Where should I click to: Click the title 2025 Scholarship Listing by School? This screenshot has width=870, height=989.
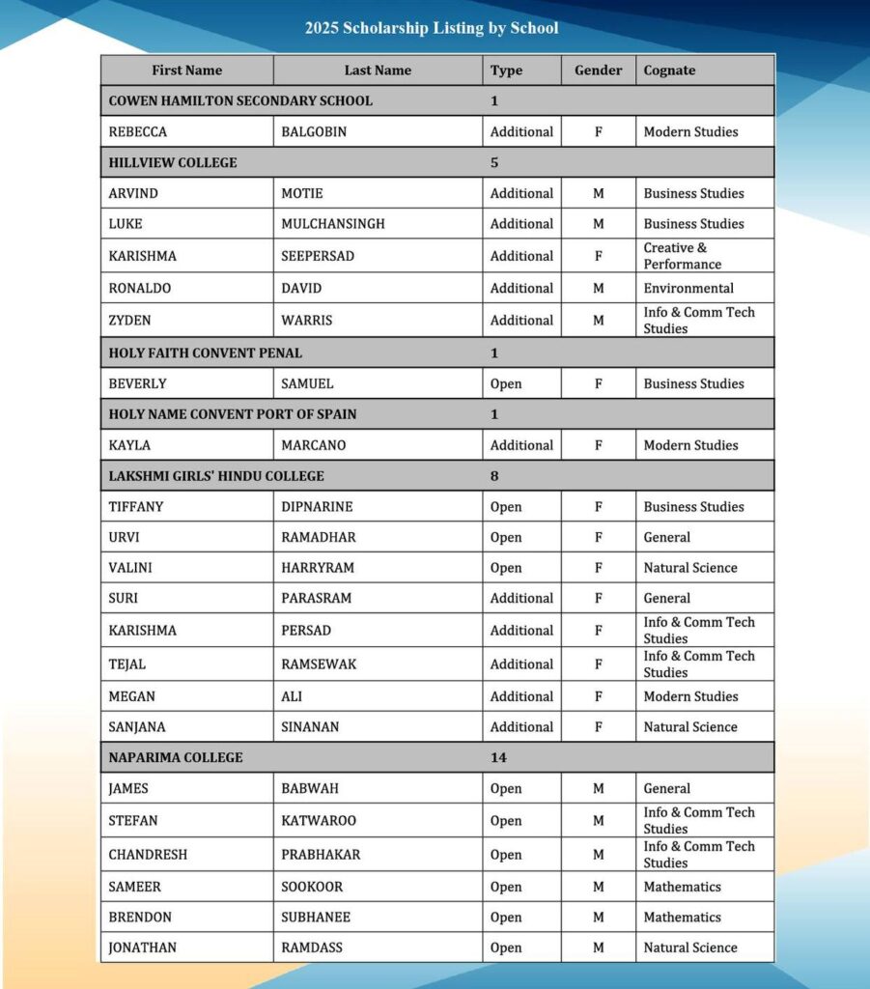(432, 28)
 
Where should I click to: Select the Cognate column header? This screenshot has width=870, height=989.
(669, 71)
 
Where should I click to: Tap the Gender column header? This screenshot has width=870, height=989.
(599, 71)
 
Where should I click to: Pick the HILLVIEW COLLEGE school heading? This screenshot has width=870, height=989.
(173, 162)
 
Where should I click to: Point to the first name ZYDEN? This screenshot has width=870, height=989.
(129, 320)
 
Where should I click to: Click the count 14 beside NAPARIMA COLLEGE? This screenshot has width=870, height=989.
(498, 757)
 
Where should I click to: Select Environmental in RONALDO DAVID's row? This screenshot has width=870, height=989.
(688, 288)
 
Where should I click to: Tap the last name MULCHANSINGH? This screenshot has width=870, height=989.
(333, 224)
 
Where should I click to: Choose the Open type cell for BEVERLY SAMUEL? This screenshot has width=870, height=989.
(506, 383)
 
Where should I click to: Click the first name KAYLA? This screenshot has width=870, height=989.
(129, 445)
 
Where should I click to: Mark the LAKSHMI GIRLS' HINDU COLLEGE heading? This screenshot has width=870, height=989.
(216, 476)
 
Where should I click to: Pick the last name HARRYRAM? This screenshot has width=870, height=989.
(319, 568)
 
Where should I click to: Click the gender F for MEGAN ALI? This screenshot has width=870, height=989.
(599, 696)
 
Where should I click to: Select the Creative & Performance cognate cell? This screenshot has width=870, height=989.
(683, 256)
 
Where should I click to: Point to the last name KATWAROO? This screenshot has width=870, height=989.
(319, 821)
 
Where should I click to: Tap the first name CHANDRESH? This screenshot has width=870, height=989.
(148, 855)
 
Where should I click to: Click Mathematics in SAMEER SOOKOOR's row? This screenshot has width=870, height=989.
(683, 887)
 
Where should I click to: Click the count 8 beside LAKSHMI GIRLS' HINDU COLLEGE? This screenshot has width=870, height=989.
(494, 476)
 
